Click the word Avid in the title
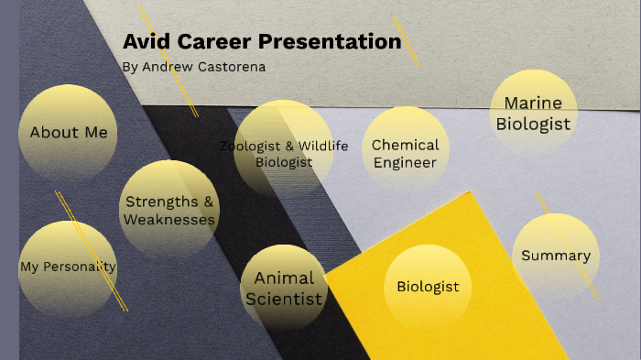[x=144, y=42]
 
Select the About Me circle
[x=68, y=133]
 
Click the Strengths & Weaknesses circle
[x=168, y=210]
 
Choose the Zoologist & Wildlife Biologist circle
[x=283, y=150]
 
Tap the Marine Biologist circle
[x=533, y=114]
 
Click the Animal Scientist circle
[x=284, y=288]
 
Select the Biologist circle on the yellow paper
[x=428, y=287]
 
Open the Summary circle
[x=556, y=256]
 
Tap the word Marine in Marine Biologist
[x=533, y=103]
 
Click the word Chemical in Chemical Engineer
[x=406, y=145]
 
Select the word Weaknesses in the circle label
[x=169, y=220]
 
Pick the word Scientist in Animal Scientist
[x=284, y=299]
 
